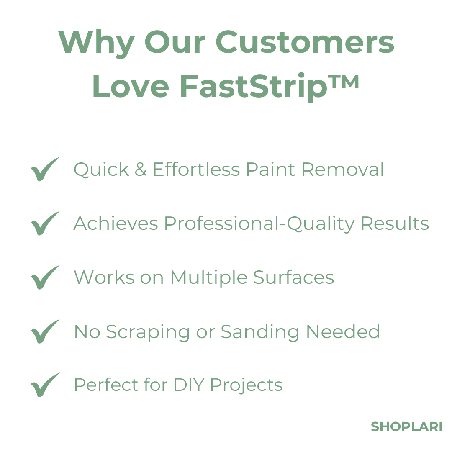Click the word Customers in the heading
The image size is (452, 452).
point(305,42)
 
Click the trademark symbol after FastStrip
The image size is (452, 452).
point(344,81)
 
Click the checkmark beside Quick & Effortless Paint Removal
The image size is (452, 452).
point(45,169)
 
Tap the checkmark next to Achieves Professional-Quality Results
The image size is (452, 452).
point(45,223)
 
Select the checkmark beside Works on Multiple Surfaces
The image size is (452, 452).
point(45,277)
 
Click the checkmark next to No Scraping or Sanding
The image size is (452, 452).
point(45,331)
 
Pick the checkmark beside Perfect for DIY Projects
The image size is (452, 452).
point(45,385)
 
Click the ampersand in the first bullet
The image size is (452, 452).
point(141,169)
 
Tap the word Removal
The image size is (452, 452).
point(343,169)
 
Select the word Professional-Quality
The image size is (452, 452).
point(259,224)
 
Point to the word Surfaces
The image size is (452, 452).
point(294,277)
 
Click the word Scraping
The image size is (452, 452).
point(148,332)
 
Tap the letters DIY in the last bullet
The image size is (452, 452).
point(189,385)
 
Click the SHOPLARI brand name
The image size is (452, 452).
point(406,427)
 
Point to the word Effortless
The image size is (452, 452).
point(196,169)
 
